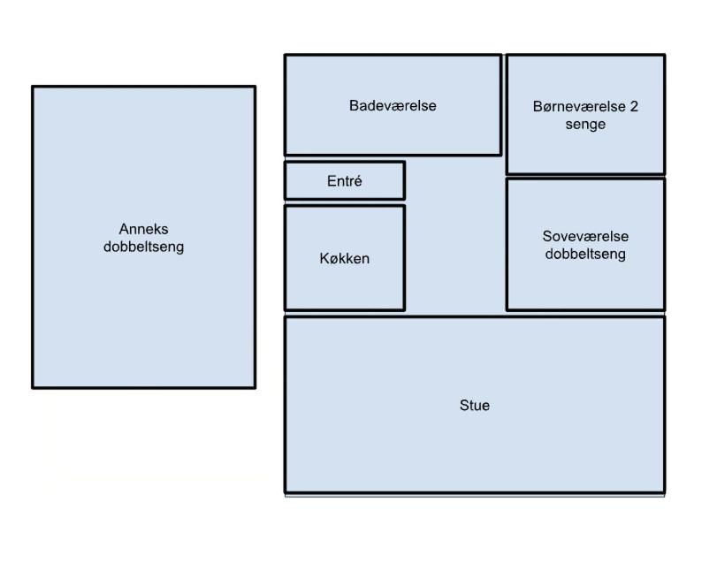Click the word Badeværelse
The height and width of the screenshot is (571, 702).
coord(393,106)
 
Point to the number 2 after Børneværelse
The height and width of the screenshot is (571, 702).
coord(633,107)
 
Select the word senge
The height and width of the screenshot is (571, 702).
coord(585,125)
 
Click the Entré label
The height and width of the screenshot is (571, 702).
coord(344,182)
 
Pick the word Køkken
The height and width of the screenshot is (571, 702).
coord(344,259)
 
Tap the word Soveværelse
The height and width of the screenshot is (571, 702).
coord(585,237)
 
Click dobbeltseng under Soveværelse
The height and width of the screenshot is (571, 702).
coord(585,255)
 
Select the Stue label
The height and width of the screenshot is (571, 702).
coord(475,406)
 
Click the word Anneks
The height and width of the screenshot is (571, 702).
coord(143,230)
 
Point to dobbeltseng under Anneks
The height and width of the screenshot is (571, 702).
coord(143,247)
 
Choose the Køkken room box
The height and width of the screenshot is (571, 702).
coord(344,287)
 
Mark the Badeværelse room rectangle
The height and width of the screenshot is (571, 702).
coord(393,133)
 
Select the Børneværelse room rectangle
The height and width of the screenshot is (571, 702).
coord(585,150)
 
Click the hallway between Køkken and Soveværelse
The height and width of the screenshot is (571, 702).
coord(455,256)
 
